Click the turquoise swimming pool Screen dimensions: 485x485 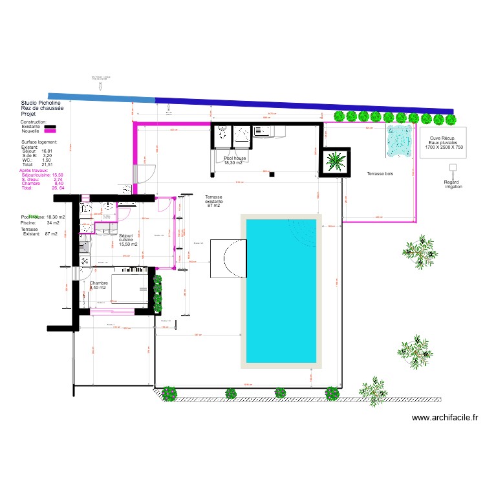coord(281,290)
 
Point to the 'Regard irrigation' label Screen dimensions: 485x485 coord(453,184)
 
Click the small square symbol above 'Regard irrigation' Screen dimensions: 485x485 coord(453,167)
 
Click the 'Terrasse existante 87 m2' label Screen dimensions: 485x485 coord(213,201)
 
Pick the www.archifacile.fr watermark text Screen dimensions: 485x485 coord(444,418)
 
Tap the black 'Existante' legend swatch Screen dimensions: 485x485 coord(50,127)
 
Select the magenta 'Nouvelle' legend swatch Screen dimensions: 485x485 coord(50,132)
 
